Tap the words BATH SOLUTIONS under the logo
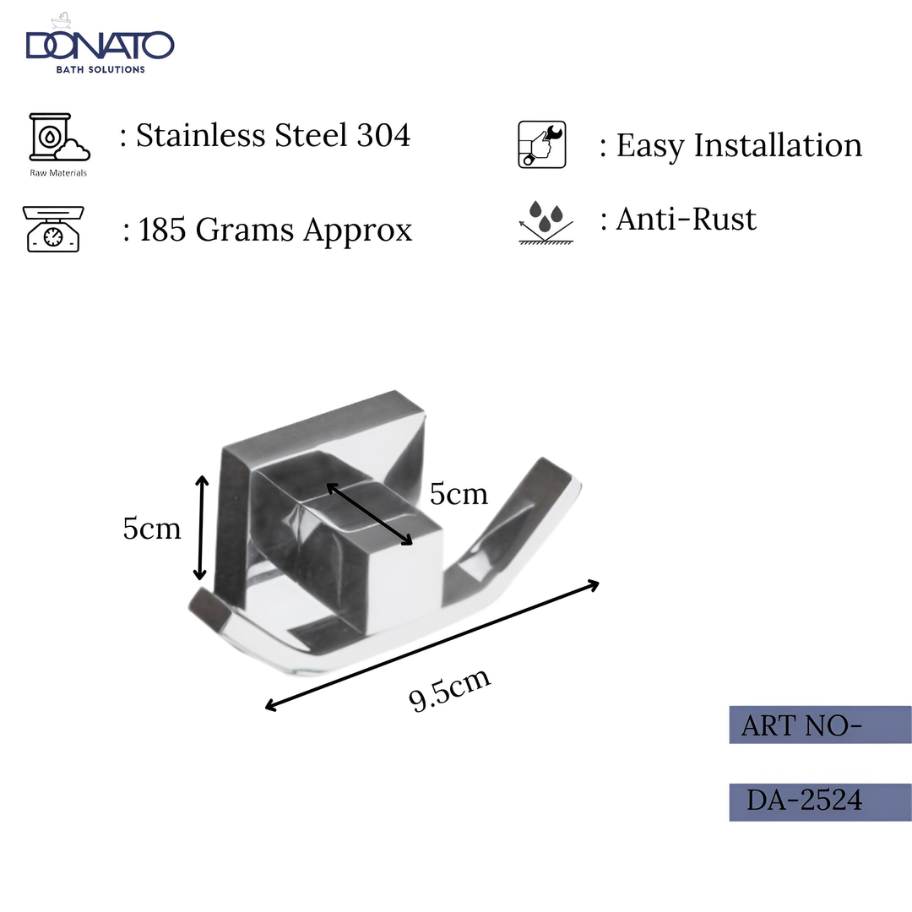[100, 69]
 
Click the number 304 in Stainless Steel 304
[383, 135]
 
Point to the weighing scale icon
[53, 229]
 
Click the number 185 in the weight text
[163, 230]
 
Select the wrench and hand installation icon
[541, 144]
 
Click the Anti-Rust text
[686, 220]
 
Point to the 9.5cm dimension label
[449, 690]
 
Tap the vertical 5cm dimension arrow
[201, 528]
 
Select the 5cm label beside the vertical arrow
[152, 529]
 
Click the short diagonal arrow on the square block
[369, 514]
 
